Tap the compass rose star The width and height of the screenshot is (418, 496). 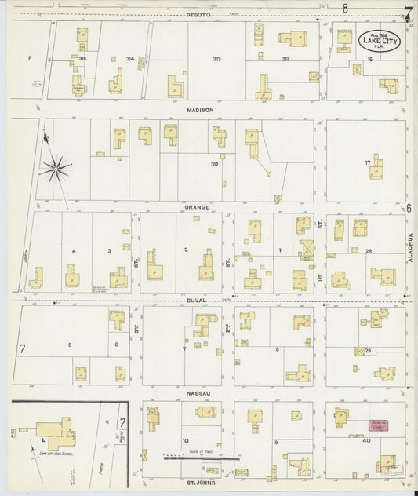coord(57,166)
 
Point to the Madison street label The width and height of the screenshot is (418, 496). coord(200,111)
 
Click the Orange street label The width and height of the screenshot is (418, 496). coord(198,207)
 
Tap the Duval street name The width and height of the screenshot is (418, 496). coord(196,300)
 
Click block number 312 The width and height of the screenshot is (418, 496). coord(214,164)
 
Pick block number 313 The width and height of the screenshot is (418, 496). coord(216,59)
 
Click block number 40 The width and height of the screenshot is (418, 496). coord(366,442)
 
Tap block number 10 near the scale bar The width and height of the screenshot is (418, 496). coord(186,441)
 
